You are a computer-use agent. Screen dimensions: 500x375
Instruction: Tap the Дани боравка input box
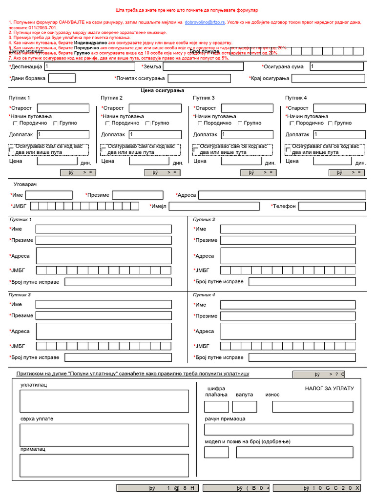pos(62,78)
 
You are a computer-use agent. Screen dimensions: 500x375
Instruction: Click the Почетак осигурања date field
pos(199,78)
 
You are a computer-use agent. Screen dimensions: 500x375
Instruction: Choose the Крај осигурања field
pos(329,78)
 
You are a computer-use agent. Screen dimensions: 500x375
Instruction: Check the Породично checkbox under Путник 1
pos(16,124)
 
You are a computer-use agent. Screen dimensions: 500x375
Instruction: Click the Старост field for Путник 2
pos(155,108)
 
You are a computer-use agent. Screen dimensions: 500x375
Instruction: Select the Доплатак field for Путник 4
pos(339,134)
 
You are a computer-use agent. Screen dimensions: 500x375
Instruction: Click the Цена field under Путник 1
pos(57,161)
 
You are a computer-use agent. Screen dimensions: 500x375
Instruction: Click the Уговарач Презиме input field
pos(138,195)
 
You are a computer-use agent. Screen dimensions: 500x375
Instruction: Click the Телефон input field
pos(332,206)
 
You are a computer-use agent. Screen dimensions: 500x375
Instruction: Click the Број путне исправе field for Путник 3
pos(118,357)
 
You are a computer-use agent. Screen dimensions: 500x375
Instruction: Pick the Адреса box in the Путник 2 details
pos(288,255)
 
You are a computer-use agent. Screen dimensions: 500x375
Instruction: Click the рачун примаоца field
pos(278,430)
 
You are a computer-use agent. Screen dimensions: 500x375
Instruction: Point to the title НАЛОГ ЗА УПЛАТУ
pos(329,389)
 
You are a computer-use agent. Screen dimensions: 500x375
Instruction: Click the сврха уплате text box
pos(104,435)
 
